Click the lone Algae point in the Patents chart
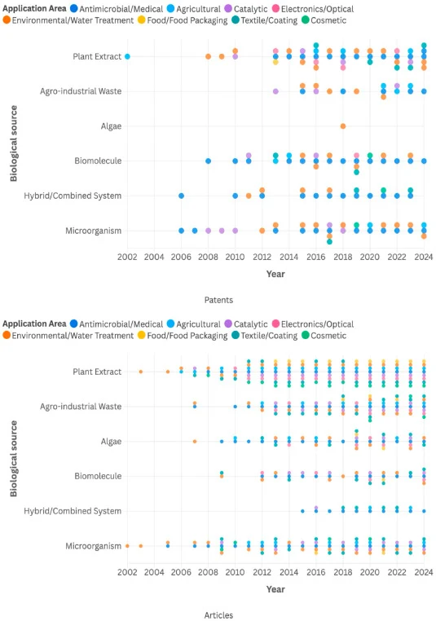[343, 126]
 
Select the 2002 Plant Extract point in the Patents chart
[127, 56]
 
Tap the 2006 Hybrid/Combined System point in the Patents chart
[181, 196]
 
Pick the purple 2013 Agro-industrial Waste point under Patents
[275, 91]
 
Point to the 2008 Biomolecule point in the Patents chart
[208, 161]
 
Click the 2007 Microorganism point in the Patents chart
[195, 231]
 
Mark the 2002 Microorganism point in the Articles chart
[127, 546]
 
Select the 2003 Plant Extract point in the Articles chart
[141, 372]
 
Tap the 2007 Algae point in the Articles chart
[195, 441]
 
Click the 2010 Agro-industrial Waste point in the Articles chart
[235, 407]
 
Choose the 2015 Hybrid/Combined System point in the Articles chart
[302, 511]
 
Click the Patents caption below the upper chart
[218, 300]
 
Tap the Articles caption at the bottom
[218, 615]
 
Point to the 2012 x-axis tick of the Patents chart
[262, 257]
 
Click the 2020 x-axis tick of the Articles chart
[370, 572]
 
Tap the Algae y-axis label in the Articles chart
[111, 441]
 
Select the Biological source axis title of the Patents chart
[14, 143]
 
